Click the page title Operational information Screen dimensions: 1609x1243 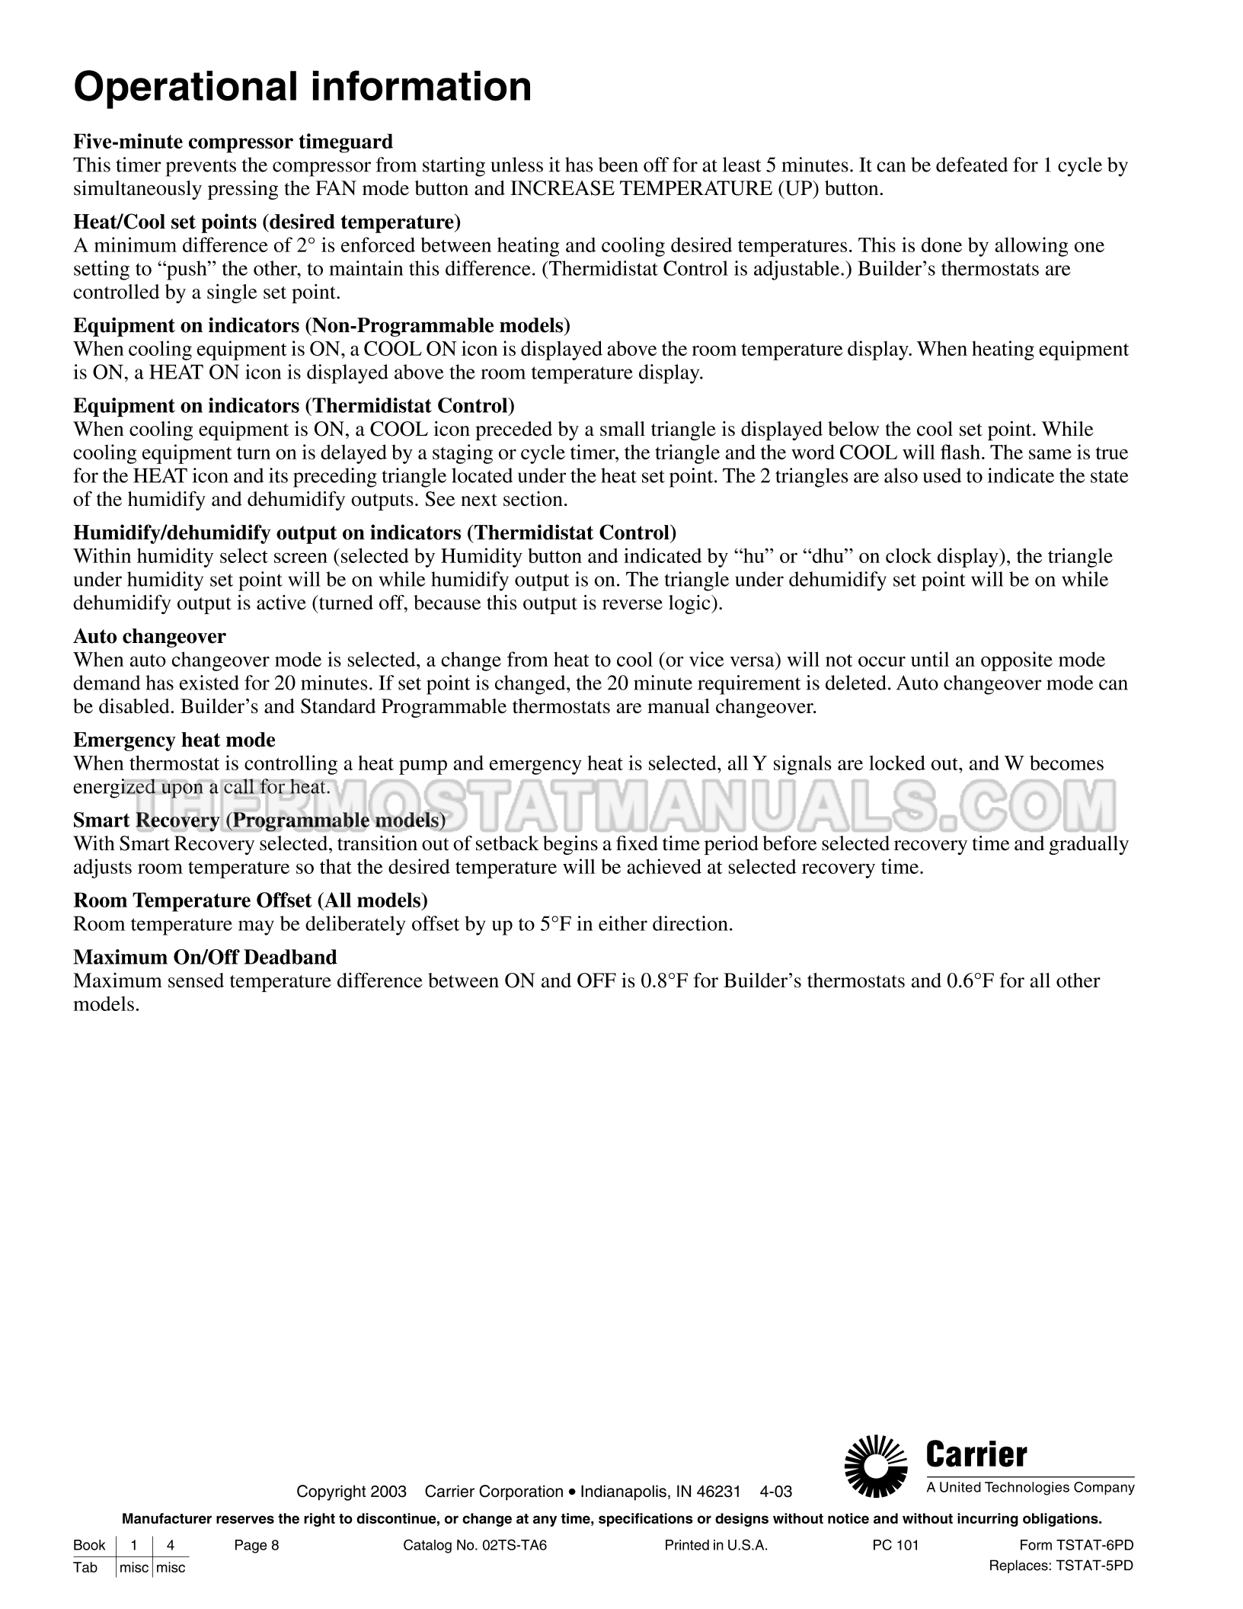click(302, 86)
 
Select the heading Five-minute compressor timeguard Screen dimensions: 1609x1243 click(233, 142)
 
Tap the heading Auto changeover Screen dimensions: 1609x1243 click(149, 636)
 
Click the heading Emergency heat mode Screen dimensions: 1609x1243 click(174, 740)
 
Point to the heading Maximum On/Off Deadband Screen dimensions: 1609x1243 click(205, 957)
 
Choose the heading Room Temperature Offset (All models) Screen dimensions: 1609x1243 click(250, 900)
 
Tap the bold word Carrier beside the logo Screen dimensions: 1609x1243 click(977, 1456)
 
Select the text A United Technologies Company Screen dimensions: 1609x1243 click(1031, 1488)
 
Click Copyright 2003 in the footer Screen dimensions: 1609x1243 click(351, 1492)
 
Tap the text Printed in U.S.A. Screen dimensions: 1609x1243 click(716, 1546)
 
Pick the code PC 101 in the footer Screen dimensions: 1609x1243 click(896, 1546)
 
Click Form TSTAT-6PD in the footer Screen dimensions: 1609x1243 click(1075, 1546)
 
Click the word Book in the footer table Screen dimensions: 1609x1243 click(89, 1546)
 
